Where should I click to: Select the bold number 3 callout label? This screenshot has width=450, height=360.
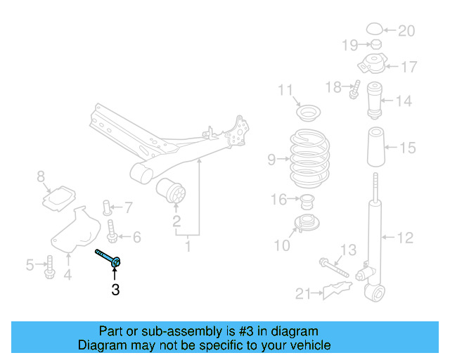click(115, 288)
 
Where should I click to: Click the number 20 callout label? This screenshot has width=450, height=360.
click(406, 31)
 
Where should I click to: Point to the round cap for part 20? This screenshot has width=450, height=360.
click(375, 29)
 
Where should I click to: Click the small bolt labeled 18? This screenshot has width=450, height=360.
click(356, 90)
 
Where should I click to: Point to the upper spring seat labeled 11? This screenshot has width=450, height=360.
click(307, 112)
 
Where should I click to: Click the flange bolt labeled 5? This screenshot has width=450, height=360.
click(49, 267)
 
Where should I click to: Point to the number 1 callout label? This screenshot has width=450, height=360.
click(188, 247)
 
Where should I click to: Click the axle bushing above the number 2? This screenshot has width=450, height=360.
click(173, 190)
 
